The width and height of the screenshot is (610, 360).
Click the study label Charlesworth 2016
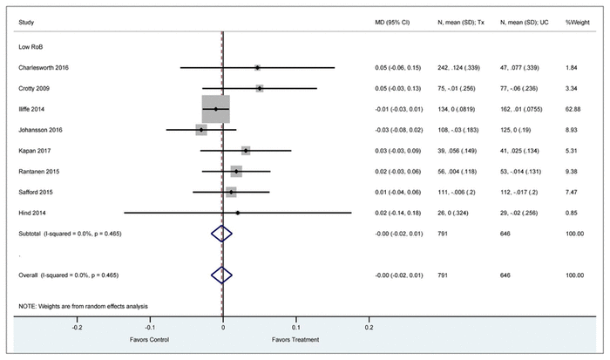click(x=44, y=67)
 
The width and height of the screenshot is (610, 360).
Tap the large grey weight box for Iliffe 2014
click(x=215, y=109)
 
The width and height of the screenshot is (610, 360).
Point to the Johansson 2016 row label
click(x=39, y=130)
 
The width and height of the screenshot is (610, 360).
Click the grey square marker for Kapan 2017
click(x=246, y=151)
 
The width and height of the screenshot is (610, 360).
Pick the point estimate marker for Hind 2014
click(x=237, y=212)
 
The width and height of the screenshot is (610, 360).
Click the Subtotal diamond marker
click(x=222, y=233)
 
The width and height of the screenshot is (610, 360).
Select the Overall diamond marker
click(x=222, y=275)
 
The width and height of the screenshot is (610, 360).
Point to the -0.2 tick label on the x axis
click(x=77, y=328)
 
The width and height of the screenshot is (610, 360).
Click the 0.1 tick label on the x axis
click(x=295, y=328)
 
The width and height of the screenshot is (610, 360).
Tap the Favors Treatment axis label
click(x=295, y=340)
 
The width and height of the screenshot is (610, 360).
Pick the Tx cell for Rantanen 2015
click(x=461, y=171)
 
